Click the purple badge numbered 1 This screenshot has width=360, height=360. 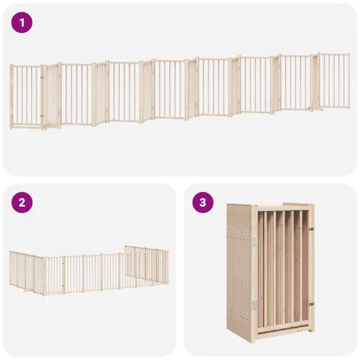click(x=22, y=23)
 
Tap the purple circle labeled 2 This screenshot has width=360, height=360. click(x=22, y=202)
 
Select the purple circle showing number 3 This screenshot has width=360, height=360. click(x=202, y=202)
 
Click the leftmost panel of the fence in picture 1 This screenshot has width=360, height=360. click(x=26, y=96)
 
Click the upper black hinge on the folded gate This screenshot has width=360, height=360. click(x=311, y=229)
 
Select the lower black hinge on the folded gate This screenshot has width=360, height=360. click(x=311, y=303)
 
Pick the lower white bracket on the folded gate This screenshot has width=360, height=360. click(x=253, y=304)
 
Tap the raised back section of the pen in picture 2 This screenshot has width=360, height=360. click(x=146, y=263)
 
